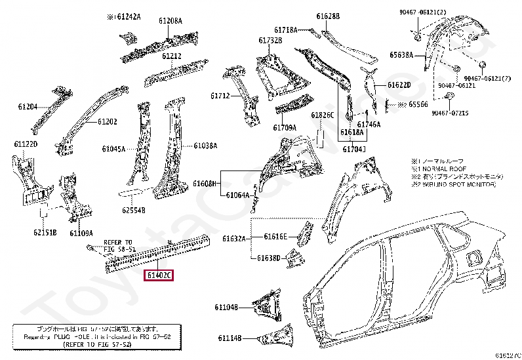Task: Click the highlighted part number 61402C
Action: [x=159, y=276]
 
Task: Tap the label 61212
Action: [x=172, y=56]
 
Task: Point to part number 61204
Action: [x=28, y=106]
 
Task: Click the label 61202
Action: [x=108, y=121]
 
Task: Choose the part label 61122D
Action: [x=26, y=144]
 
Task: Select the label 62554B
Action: [x=133, y=210]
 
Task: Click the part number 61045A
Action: [x=113, y=149]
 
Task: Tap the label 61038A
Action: [x=205, y=146]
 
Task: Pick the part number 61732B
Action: [x=270, y=41]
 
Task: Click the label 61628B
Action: [x=328, y=16]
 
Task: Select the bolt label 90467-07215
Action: [x=450, y=113]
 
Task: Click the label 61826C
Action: [x=323, y=115]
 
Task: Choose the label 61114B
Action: [x=230, y=338]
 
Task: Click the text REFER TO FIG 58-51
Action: [x=117, y=245]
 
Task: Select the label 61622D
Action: [x=399, y=85]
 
